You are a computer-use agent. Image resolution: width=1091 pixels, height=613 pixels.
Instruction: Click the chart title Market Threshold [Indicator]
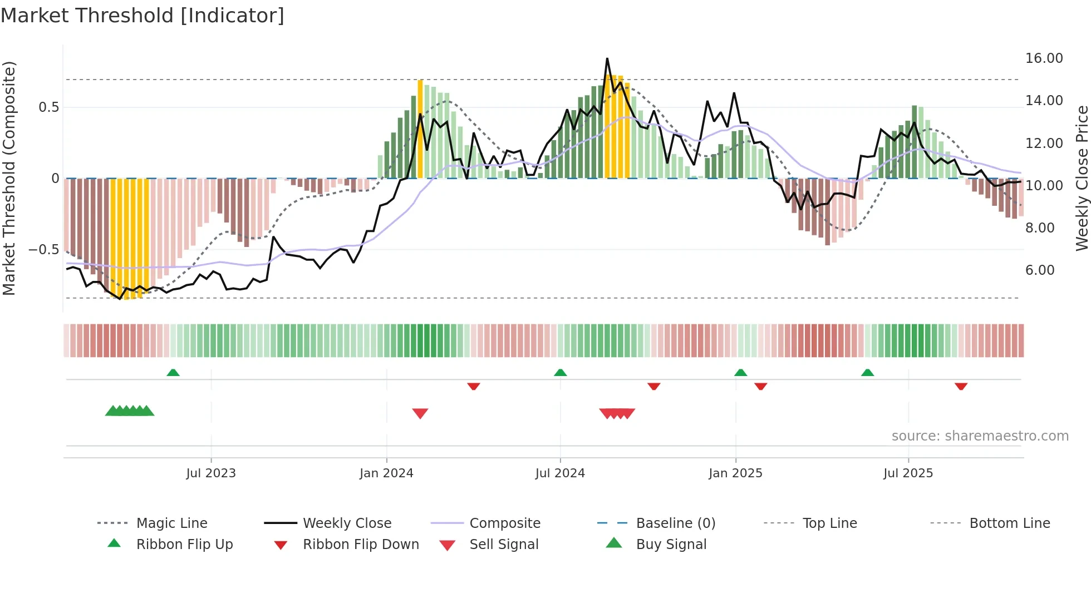tap(142, 16)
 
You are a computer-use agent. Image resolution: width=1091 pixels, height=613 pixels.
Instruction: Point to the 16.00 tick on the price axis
tap(1044, 58)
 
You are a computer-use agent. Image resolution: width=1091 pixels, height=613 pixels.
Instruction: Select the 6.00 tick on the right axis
tap(1040, 270)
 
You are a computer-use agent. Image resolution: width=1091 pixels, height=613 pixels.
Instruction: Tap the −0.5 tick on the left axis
tap(44, 250)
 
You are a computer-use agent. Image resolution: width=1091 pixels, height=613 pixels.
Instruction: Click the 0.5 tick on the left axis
tap(48, 107)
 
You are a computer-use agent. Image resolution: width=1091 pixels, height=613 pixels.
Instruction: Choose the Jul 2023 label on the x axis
tap(211, 473)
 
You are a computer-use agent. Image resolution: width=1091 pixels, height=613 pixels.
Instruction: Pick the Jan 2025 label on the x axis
tap(735, 473)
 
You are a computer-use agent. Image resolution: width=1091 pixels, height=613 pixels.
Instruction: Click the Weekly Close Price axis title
tap(1082, 178)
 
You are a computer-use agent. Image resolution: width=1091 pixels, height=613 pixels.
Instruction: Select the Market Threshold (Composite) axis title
tap(9, 178)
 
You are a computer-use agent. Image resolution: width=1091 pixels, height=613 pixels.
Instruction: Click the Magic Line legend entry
tap(171, 523)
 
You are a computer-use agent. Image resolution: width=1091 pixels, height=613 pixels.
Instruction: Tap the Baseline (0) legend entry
tap(675, 523)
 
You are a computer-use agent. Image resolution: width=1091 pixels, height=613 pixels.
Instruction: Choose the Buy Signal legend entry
tap(671, 545)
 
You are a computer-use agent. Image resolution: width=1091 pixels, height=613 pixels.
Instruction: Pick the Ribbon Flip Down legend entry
tap(360, 545)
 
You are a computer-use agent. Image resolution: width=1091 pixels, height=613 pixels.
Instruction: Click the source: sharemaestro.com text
tap(980, 436)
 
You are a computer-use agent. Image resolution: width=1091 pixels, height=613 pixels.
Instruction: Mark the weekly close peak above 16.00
tap(607, 58)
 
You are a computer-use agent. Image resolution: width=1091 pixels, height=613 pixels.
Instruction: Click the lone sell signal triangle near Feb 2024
tap(420, 413)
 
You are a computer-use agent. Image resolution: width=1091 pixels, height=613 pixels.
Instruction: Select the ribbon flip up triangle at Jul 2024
tap(561, 373)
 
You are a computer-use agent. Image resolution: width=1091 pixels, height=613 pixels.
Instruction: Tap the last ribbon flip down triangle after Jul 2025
tap(961, 386)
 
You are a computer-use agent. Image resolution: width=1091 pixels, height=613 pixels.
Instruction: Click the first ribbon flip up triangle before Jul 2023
tap(173, 373)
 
